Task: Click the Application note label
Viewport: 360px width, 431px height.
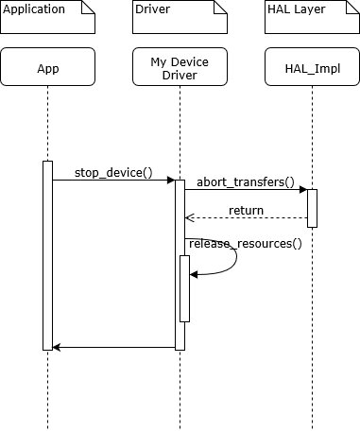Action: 33,10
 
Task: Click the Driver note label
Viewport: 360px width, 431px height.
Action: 154,10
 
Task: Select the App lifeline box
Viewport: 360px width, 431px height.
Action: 47,67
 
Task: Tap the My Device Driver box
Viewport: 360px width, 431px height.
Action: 180,67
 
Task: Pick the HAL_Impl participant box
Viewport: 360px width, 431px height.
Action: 312,67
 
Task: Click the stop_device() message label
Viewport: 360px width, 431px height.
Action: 112,172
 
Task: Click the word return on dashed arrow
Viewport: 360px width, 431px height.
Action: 246,210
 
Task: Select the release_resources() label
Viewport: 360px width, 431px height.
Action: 245,244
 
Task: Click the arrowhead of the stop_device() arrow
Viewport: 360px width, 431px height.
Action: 171,180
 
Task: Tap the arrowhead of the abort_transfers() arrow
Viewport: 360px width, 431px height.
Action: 303,189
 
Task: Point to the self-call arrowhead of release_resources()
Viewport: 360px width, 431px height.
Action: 194,274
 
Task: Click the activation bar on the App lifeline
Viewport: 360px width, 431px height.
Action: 47,255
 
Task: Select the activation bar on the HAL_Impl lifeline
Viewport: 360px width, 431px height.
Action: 312,208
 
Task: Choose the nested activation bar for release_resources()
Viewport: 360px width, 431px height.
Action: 185,288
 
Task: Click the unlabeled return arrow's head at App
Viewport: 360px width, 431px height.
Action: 57,347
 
